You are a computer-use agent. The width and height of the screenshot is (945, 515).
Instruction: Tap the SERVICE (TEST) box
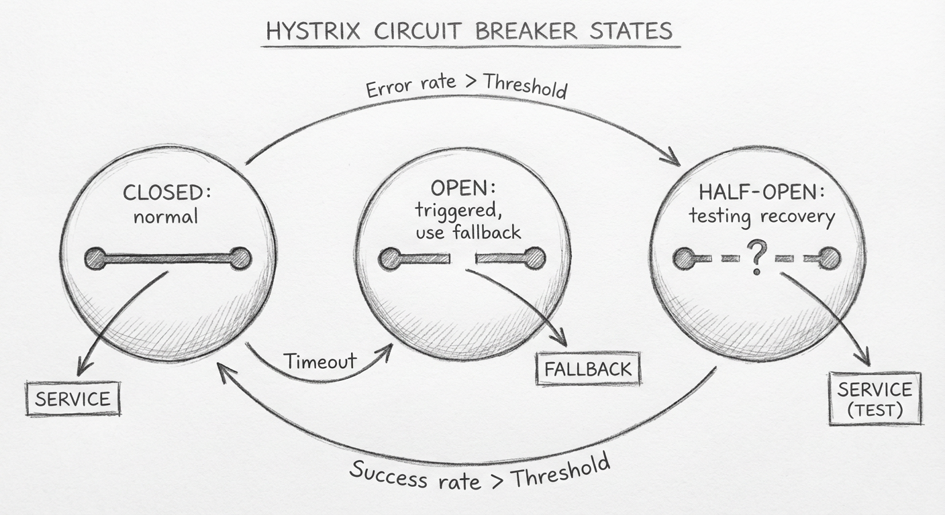[x=875, y=398]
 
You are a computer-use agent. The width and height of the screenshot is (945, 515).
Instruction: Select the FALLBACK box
[x=588, y=368]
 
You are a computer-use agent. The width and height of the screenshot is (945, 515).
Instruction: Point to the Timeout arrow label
[x=319, y=361]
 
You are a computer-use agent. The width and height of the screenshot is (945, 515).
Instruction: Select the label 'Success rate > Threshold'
[x=479, y=472]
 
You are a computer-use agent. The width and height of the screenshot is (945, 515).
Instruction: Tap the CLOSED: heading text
[x=166, y=193]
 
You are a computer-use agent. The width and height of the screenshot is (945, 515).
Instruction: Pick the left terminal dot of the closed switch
[x=95, y=258]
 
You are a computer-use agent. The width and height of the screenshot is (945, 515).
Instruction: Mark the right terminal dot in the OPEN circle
[x=534, y=258]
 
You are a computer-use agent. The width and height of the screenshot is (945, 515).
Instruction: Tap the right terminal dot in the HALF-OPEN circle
[x=830, y=258]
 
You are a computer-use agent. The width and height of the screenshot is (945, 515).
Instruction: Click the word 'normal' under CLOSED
[x=166, y=217]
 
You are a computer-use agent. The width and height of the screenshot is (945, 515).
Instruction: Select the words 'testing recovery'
[x=762, y=217]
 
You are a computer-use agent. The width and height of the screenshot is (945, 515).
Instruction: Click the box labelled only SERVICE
[x=72, y=399]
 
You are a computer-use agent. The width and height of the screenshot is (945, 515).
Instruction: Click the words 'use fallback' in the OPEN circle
[x=468, y=232]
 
